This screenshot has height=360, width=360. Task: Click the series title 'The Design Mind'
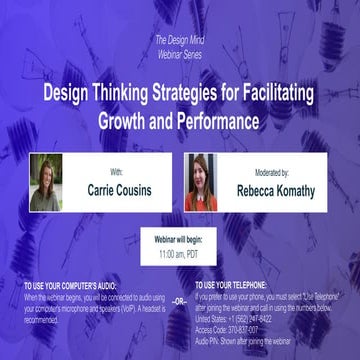click(x=180, y=39)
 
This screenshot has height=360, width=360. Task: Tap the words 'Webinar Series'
click(x=180, y=51)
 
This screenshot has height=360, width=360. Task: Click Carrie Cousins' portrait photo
click(x=46, y=182)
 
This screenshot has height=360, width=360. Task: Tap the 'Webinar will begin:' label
click(x=179, y=241)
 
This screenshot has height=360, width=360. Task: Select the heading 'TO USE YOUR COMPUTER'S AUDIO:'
click(x=78, y=287)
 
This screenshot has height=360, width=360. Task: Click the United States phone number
click(x=262, y=318)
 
